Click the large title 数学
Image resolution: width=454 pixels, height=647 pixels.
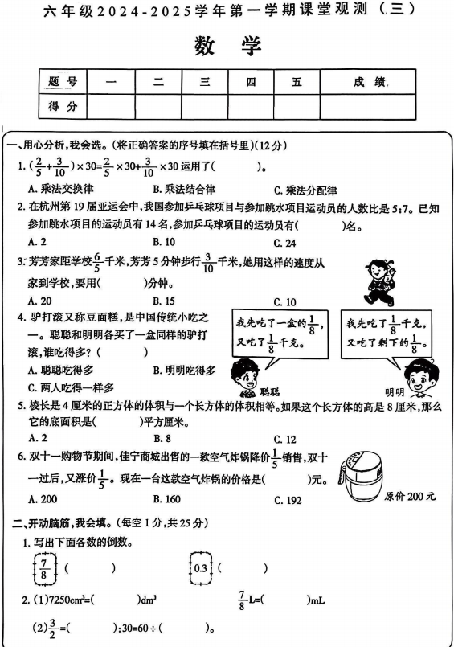pos(227,46)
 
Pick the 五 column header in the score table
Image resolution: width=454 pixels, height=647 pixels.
pos(297,82)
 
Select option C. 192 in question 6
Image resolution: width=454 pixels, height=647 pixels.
pos(290,500)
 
